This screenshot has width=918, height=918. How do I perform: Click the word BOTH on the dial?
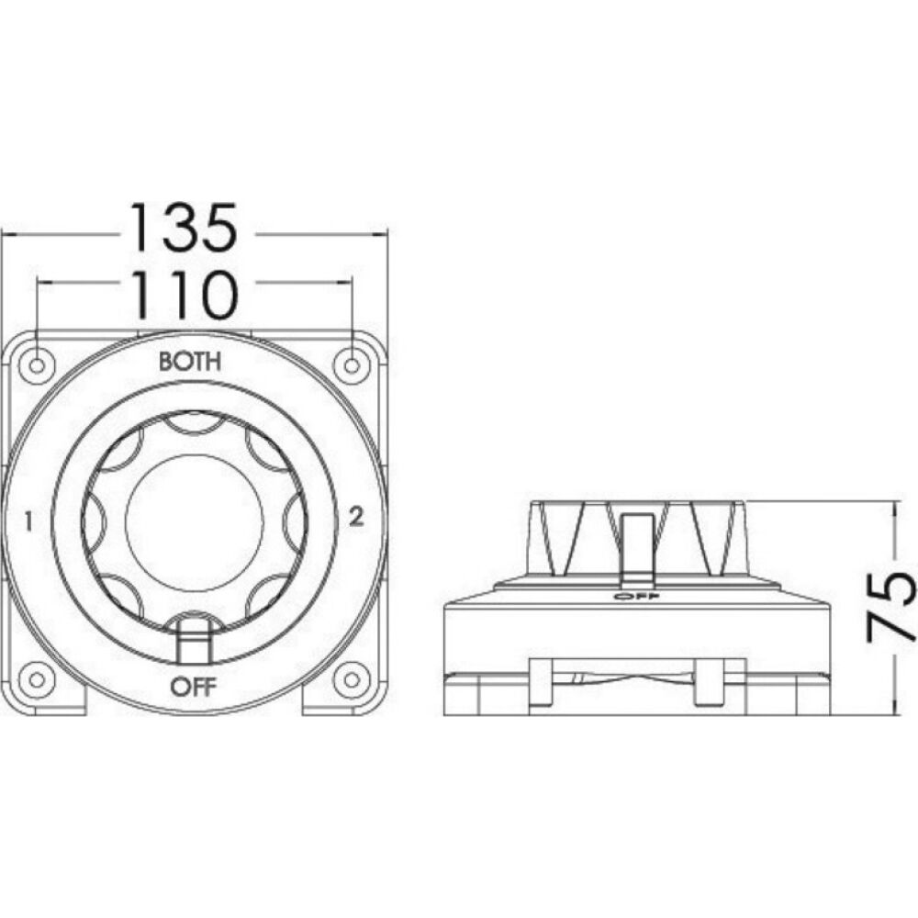tap(190, 361)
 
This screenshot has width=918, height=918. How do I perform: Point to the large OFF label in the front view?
tap(194, 686)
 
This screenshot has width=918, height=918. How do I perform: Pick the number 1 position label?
tap(28, 521)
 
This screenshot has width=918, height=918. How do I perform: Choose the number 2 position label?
tap(356, 516)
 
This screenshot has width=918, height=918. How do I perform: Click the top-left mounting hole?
tap(37, 366)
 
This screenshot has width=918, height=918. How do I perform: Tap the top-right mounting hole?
tap(352, 366)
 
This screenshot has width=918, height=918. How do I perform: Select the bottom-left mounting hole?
tap(37, 679)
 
